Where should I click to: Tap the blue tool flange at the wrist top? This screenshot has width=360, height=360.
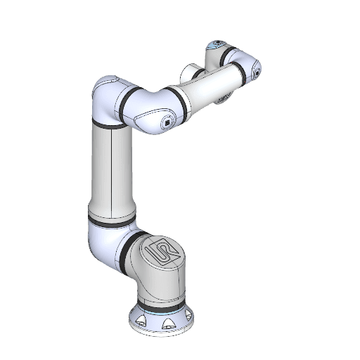(215, 46)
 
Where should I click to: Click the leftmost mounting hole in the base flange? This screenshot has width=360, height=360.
(141, 321)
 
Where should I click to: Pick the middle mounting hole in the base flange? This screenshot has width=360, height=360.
(168, 326)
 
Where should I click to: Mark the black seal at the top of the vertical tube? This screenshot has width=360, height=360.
(109, 124)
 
